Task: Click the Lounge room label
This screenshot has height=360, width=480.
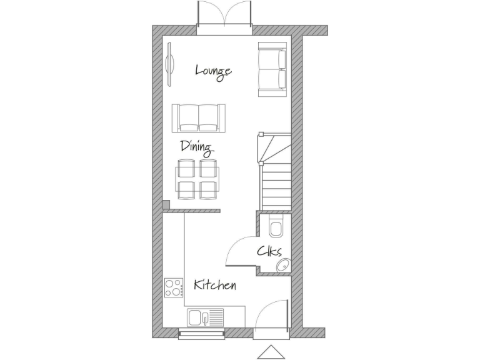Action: (213, 71)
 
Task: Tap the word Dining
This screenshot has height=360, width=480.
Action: (196, 147)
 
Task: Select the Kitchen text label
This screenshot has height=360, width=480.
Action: (214, 286)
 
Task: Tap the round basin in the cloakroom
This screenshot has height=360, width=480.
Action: (283, 264)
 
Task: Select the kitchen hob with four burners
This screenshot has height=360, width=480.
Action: (174, 287)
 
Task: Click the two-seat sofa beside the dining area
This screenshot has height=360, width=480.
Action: (199, 117)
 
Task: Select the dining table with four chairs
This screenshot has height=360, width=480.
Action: (197, 179)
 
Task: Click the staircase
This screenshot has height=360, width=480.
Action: (274, 172)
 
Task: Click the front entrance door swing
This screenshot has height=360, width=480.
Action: (272, 317)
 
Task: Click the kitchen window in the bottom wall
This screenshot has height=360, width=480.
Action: (201, 335)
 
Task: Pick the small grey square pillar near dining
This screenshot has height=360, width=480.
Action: (166, 204)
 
